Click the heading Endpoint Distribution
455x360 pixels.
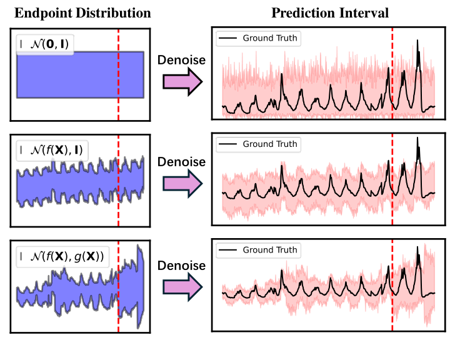82,13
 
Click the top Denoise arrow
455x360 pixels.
182,81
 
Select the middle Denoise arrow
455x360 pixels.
182,182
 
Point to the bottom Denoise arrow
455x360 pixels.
182,286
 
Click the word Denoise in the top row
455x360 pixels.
182,61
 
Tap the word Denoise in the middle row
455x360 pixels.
182,162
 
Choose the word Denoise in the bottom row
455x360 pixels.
182,266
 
